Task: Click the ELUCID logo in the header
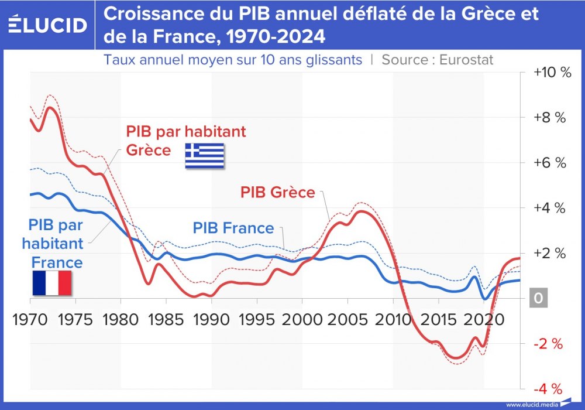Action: pyautogui.click(x=47, y=25)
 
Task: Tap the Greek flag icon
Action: pyautogui.click(x=204, y=156)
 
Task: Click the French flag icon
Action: pyautogui.click(x=51, y=283)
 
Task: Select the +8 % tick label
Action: pyautogui.click(x=549, y=118)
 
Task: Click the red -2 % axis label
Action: pyautogui.click(x=548, y=344)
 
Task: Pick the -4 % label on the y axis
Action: pyautogui.click(x=548, y=389)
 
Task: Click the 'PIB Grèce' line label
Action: pyautogui.click(x=278, y=192)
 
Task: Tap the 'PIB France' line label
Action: pyautogui.click(x=233, y=228)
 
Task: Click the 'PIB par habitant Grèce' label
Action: pyautogui.click(x=185, y=140)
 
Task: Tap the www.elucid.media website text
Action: pyautogui.click(x=531, y=405)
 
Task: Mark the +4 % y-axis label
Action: pyautogui.click(x=549, y=208)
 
